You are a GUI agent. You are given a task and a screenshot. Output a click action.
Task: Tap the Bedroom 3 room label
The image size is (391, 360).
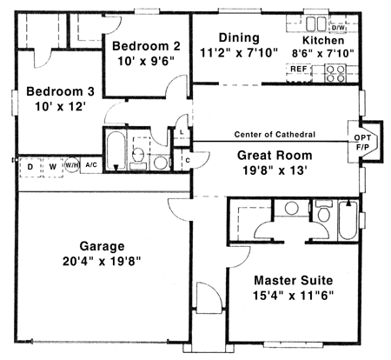tap(54, 92)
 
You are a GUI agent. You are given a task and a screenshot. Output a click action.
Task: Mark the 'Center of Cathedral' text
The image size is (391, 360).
tap(274, 134)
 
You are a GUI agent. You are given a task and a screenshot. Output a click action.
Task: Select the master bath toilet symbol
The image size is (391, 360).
tap(323, 213)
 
